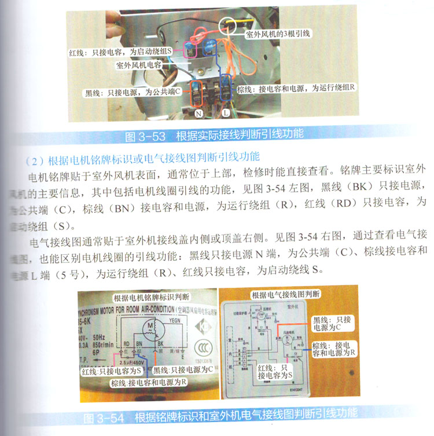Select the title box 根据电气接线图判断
[x=284, y=295]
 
